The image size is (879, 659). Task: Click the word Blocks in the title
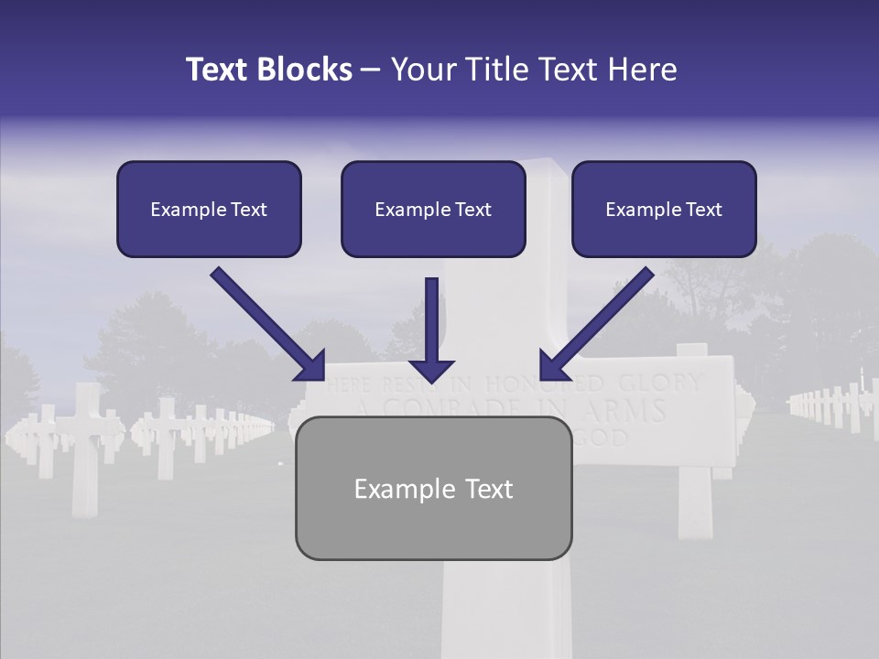click(304, 70)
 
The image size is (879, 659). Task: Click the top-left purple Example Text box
click(209, 209)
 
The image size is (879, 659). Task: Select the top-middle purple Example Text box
click(433, 209)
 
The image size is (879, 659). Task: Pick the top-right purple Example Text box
click(664, 209)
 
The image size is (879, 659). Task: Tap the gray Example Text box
click(433, 488)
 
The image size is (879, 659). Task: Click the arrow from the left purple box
click(266, 322)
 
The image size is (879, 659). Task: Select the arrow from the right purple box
click(599, 322)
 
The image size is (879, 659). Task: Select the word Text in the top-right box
click(704, 210)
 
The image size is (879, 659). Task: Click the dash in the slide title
click(371, 70)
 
